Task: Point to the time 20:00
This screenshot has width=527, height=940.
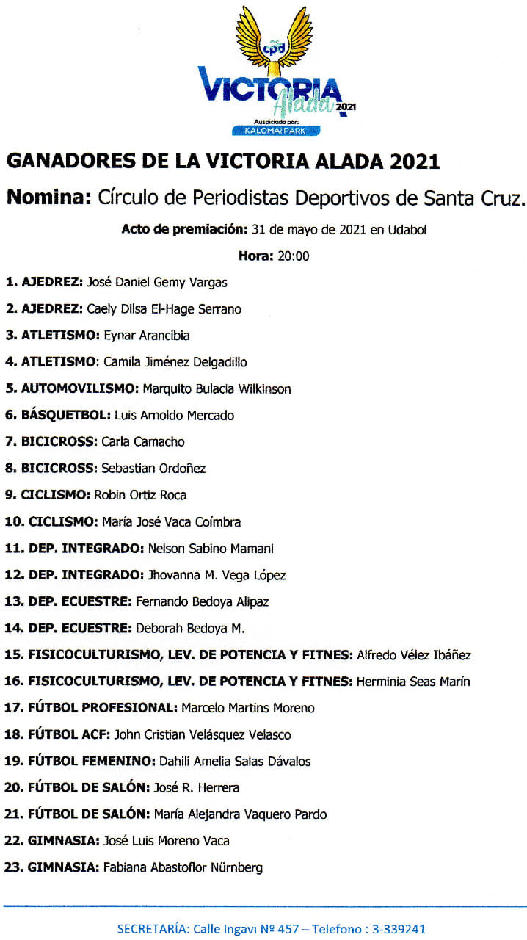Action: pos(293,256)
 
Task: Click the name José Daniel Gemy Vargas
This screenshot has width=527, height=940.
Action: pos(157,282)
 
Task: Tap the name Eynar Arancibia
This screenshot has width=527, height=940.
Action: pos(147,336)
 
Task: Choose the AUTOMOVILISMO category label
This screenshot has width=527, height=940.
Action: pos(80,388)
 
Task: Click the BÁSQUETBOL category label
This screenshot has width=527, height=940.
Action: pos(65,415)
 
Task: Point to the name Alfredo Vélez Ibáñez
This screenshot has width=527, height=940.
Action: pos(413,655)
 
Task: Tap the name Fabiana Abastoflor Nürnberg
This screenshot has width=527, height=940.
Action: pos(183,867)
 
